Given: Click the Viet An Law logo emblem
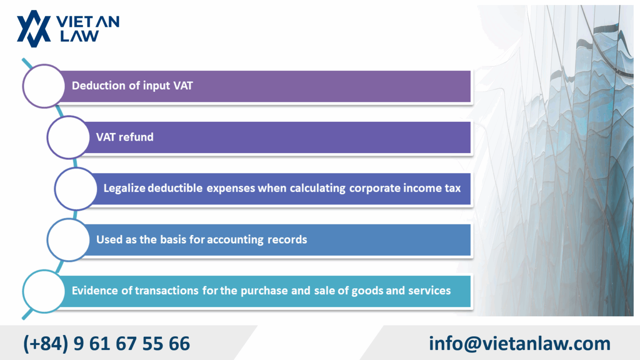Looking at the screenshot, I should [33, 28].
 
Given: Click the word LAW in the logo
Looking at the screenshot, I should [79, 36].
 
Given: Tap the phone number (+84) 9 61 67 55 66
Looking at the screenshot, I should [107, 344].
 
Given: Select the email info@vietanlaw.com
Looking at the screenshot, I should [520, 344].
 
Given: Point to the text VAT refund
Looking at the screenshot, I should [125, 137].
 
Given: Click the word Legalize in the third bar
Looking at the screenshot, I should [124, 188].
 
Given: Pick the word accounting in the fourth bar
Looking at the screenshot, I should [235, 240].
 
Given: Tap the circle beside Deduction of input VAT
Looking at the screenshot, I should [44, 86].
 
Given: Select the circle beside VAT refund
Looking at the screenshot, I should [68, 137].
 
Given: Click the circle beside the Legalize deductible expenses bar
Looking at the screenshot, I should [76, 188].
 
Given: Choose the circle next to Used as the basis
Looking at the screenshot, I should [68, 240].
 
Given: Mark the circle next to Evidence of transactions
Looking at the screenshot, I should [44, 291].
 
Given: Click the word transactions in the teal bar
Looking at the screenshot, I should [167, 291].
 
